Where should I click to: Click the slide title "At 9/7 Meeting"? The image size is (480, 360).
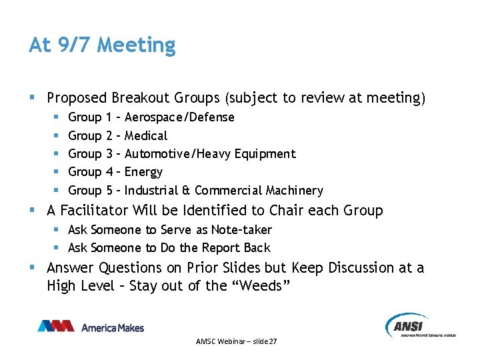coord(102,45)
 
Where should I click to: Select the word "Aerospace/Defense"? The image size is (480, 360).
coord(179,117)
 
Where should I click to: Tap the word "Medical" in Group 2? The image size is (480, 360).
coord(146,136)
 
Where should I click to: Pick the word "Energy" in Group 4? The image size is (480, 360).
coord(144,172)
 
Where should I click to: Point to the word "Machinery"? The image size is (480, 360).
coord(295,191)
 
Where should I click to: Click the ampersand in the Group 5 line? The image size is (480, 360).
coord(187,191)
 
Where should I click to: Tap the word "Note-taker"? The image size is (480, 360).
coord(241,230)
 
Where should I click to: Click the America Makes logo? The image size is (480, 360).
coord(91,327)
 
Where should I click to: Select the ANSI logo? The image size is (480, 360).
coord(419,326)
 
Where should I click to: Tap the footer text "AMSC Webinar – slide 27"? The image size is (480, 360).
coord(237,341)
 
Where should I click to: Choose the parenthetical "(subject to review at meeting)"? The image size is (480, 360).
coord(325,98)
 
